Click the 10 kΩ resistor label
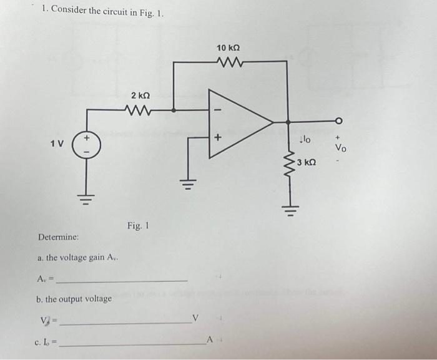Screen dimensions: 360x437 228,48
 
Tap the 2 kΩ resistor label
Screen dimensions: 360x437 140,95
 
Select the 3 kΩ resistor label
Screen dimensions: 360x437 307,163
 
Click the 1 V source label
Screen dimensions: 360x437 57,144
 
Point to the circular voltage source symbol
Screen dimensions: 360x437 86,144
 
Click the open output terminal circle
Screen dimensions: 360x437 340,121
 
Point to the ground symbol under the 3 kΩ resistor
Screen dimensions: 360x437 288,208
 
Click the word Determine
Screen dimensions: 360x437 58,238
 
